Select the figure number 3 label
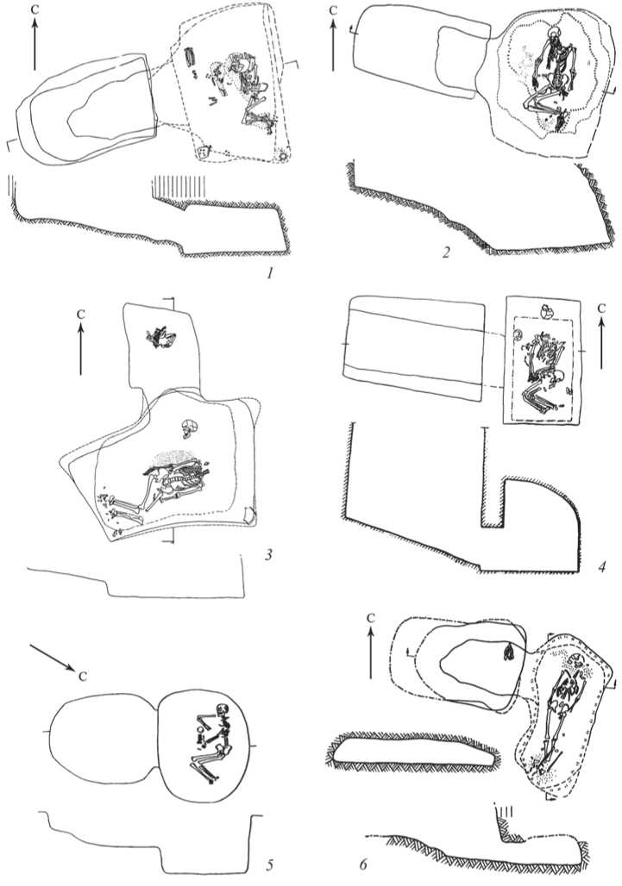268,554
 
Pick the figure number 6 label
363,864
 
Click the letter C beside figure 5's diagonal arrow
83,677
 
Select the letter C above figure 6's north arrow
370,619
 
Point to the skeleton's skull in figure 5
222,708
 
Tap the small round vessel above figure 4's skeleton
546,311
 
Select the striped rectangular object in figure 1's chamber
189,57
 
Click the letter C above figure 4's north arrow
601,309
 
